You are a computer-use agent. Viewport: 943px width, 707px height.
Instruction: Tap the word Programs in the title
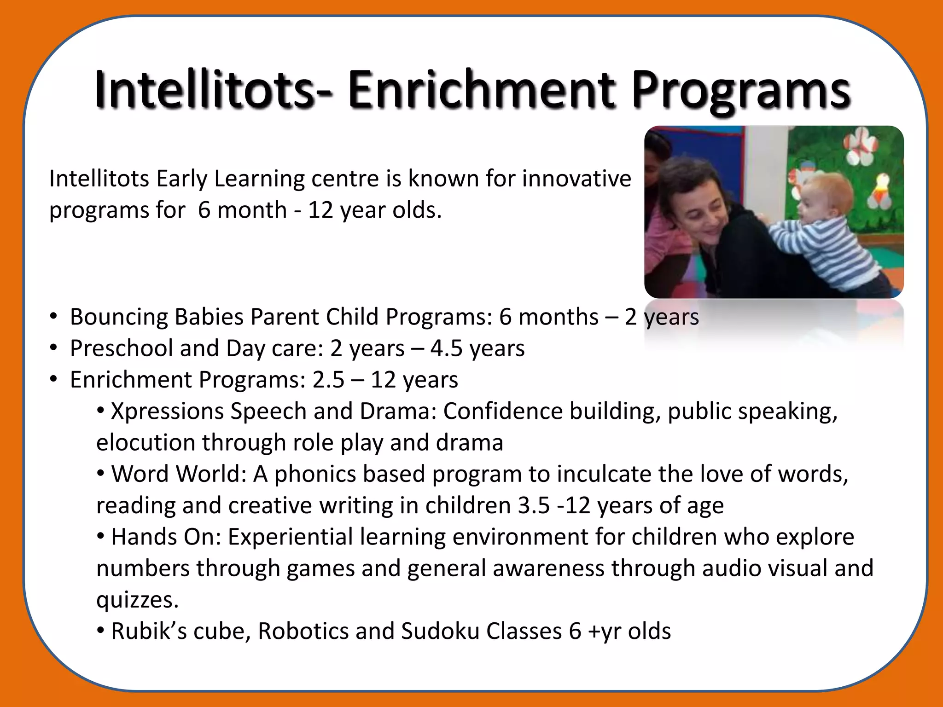740,91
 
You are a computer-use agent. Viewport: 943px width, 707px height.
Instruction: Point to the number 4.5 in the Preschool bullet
446,348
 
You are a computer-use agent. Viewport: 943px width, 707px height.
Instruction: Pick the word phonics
315,474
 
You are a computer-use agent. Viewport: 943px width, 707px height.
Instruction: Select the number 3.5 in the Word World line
534,505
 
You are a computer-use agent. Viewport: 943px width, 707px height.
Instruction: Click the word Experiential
290,537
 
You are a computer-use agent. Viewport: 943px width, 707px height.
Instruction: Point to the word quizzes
137,600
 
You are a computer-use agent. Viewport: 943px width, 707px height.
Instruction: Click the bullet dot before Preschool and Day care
54,348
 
